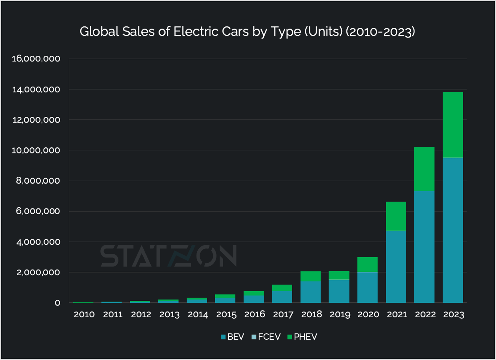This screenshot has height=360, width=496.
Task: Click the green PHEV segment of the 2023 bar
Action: click(x=453, y=125)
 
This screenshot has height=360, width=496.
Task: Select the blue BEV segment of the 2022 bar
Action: click(x=424, y=247)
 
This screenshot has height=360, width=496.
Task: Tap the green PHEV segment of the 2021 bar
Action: click(x=396, y=216)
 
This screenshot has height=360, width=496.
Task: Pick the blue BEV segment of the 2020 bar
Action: click(x=367, y=287)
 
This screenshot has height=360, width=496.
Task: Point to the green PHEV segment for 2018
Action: click(x=311, y=276)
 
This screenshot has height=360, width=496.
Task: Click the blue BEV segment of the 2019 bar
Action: click(x=339, y=291)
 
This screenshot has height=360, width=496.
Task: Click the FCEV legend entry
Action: click(x=266, y=337)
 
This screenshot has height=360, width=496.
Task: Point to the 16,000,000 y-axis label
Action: click(x=36, y=59)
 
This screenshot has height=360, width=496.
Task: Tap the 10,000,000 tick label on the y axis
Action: click(x=36, y=150)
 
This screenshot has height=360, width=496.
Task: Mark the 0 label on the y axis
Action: click(x=57, y=303)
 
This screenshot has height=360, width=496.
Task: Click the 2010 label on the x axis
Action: click(x=84, y=315)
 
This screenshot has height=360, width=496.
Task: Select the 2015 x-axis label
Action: click(x=226, y=315)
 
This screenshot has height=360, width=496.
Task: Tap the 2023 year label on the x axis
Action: click(x=453, y=315)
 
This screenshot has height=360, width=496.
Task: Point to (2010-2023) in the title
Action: click(x=380, y=31)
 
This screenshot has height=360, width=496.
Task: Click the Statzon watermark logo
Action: click(x=168, y=256)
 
